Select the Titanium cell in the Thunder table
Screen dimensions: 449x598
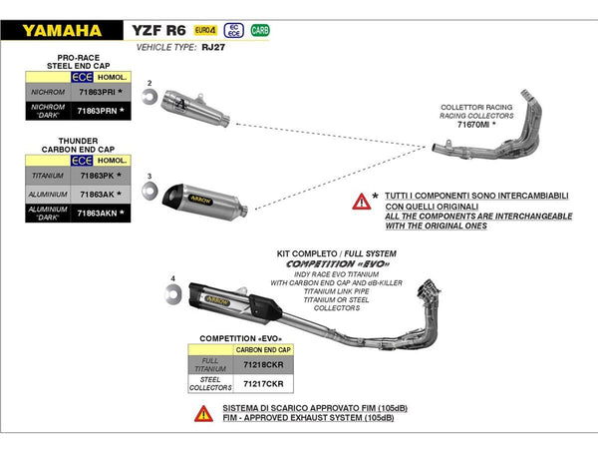pyautogui.click(x=48, y=176)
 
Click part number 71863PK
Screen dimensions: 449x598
pyautogui.click(x=97, y=176)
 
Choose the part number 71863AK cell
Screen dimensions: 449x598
pyautogui.click(x=97, y=194)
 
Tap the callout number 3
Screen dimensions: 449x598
pyautogui.click(x=149, y=175)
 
